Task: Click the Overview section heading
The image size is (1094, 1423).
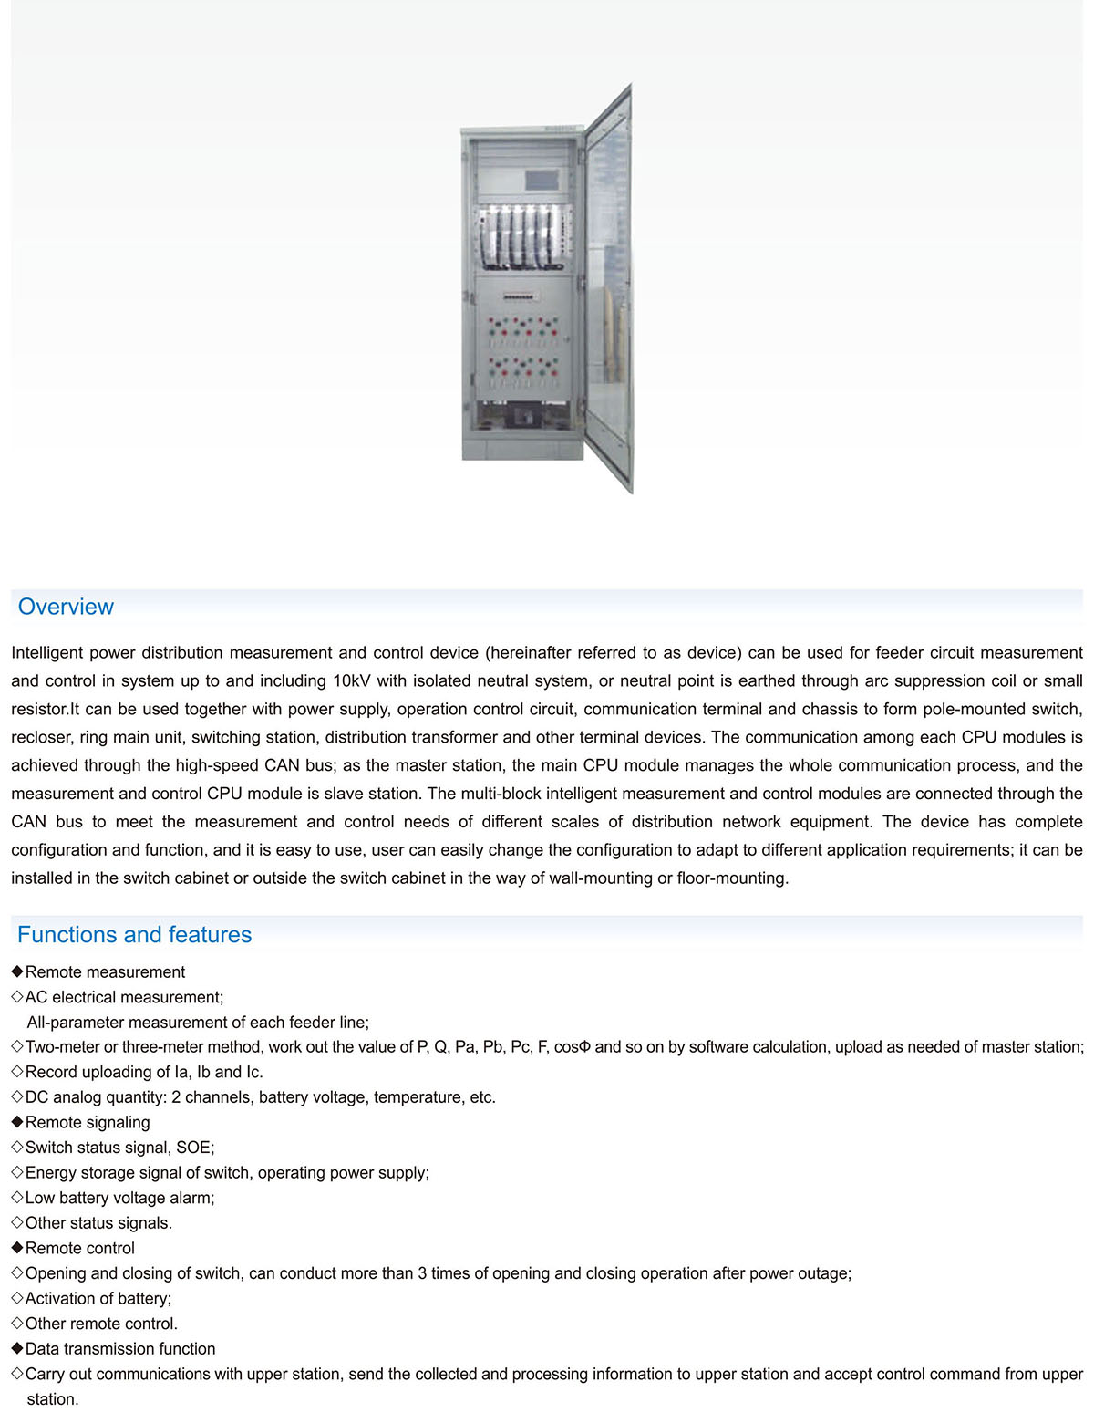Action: click(66, 607)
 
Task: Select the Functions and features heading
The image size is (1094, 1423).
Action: click(134, 934)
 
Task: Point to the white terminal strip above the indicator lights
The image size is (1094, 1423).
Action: click(519, 297)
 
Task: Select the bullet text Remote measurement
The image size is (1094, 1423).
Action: click(105, 972)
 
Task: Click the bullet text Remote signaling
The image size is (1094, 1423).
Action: click(88, 1123)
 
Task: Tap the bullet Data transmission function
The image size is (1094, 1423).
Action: click(120, 1349)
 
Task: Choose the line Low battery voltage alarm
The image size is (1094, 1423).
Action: click(119, 1198)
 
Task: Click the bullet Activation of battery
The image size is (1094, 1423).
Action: click(98, 1298)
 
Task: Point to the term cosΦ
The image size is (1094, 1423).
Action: click(573, 1047)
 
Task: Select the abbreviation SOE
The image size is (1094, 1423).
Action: click(193, 1148)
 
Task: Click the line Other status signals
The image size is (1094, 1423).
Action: click(98, 1223)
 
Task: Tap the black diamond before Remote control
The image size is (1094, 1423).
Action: click(17, 1248)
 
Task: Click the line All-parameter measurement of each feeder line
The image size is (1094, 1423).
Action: click(198, 1023)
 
